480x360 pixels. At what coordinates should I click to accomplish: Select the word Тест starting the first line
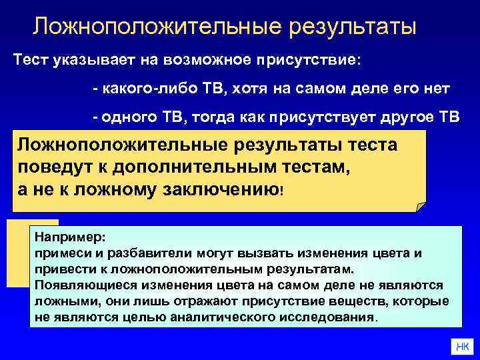click(x=31, y=59)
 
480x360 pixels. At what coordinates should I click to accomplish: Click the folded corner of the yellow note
click(x=419, y=205)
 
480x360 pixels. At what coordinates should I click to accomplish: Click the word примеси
click(x=59, y=253)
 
